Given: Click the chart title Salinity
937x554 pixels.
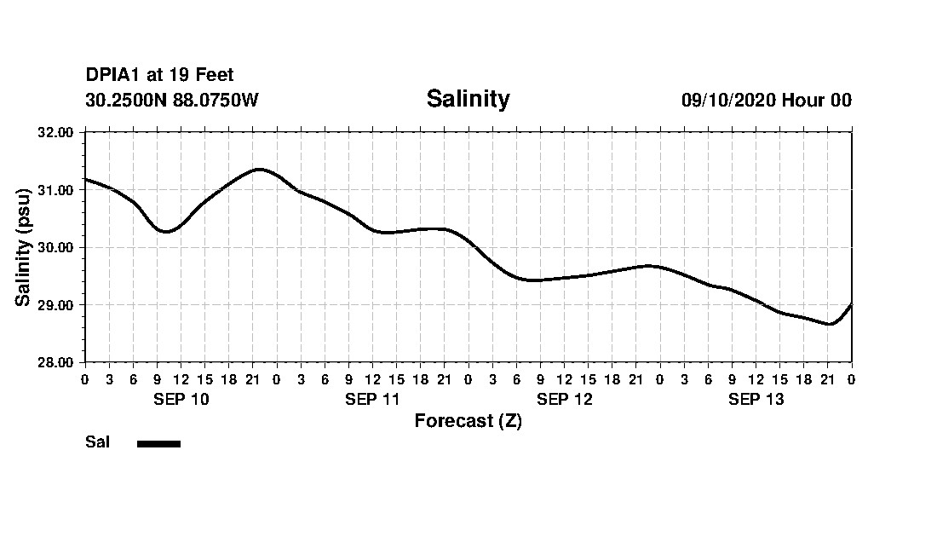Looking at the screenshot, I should tap(468, 99).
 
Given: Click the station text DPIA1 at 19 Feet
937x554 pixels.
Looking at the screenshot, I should tap(159, 76).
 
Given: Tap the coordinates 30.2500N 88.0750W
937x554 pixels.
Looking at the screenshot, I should tap(171, 100).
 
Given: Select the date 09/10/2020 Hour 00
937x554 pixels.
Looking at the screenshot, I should tap(766, 100).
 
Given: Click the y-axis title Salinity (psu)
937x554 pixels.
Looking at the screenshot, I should tap(24, 247).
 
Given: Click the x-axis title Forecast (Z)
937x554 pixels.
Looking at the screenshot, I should tap(468, 421).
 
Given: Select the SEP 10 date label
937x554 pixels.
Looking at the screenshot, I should tap(181, 400).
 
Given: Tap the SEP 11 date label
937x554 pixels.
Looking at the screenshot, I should tap(372, 400).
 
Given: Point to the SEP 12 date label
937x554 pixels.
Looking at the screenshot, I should tap(564, 400).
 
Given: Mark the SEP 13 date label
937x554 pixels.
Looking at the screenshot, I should tap(756, 400).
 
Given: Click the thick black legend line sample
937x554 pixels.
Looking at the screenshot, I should tap(158, 443).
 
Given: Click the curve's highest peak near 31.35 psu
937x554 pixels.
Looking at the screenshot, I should tap(259, 169).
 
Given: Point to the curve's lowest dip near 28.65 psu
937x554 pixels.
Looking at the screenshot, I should tap(829, 324).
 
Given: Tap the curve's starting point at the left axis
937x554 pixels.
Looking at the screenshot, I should tap(85, 179).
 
